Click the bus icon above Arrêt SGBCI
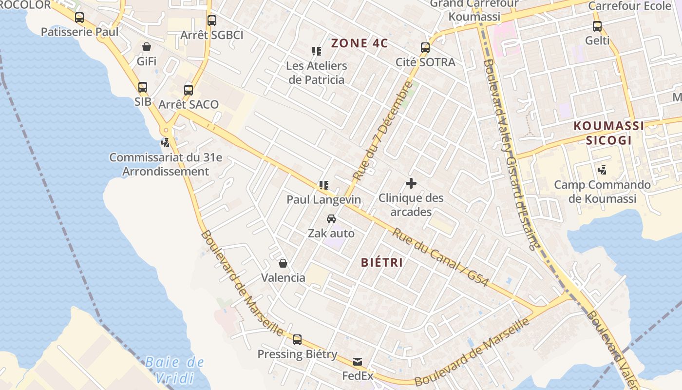[211, 20]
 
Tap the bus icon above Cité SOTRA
[425, 48]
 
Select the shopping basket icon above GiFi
[146, 47]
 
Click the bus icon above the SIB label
[142, 87]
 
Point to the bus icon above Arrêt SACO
[189, 90]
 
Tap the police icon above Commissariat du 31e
[166, 143]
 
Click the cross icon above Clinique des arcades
[411, 183]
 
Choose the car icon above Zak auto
[331, 218]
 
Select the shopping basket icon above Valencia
[283, 263]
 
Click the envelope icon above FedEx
[358, 361]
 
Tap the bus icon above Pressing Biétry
[297, 339]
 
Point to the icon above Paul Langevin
[323, 185]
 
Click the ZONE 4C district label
[360, 43]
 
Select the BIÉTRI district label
[382, 262]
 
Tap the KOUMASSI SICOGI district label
[608, 133]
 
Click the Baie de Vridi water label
[174, 370]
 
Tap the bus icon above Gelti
[597, 26]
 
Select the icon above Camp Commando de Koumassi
[602, 170]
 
